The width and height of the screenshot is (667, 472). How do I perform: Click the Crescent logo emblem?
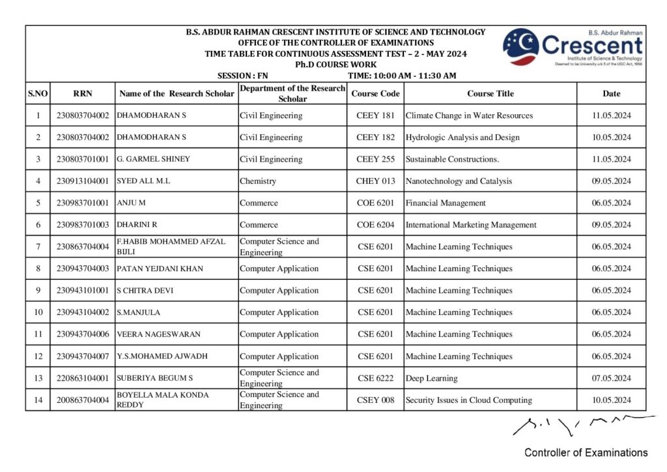pyautogui.click(x=520, y=47)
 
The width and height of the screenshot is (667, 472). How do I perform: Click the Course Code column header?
pyautogui.click(x=375, y=93)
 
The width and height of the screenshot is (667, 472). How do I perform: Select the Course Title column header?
pyautogui.click(x=490, y=93)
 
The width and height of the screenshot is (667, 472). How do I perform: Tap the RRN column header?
pyautogui.click(x=83, y=93)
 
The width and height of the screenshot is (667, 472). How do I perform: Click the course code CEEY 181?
pyautogui.click(x=375, y=115)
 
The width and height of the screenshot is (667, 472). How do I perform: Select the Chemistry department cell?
pyautogui.click(x=258, y=181)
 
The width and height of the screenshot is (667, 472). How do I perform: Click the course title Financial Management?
pyautogui.click(x=446, y=203)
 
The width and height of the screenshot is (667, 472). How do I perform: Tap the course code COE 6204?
pyautogui.click(x=375, y=225)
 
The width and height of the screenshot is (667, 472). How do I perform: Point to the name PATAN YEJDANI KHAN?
pyautogui.click(x=160, y=269)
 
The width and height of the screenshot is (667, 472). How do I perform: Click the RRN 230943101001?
pyautogui.click(x=83, y=291)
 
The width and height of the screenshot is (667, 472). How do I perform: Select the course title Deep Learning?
pyautogui.click(x=431, y=378)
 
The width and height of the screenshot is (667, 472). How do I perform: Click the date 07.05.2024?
pyautogui.click(x=611, y=378)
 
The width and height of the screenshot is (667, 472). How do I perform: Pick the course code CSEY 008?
pyautogui.click(x=375, y=400)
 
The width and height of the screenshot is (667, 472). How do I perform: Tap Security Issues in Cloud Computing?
pyautogui.click(x=468, y=400)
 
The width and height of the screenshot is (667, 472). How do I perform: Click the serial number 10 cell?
pyautogui.click(x=38, y=312)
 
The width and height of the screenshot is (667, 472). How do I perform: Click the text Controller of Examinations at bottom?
pyautogui.click(x=586, y=452)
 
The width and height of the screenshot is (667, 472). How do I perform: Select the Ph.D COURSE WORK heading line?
pyautogui.click(x=335, y=65)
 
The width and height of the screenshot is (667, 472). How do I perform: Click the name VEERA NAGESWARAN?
pyautogui.click(x=158, y=334)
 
